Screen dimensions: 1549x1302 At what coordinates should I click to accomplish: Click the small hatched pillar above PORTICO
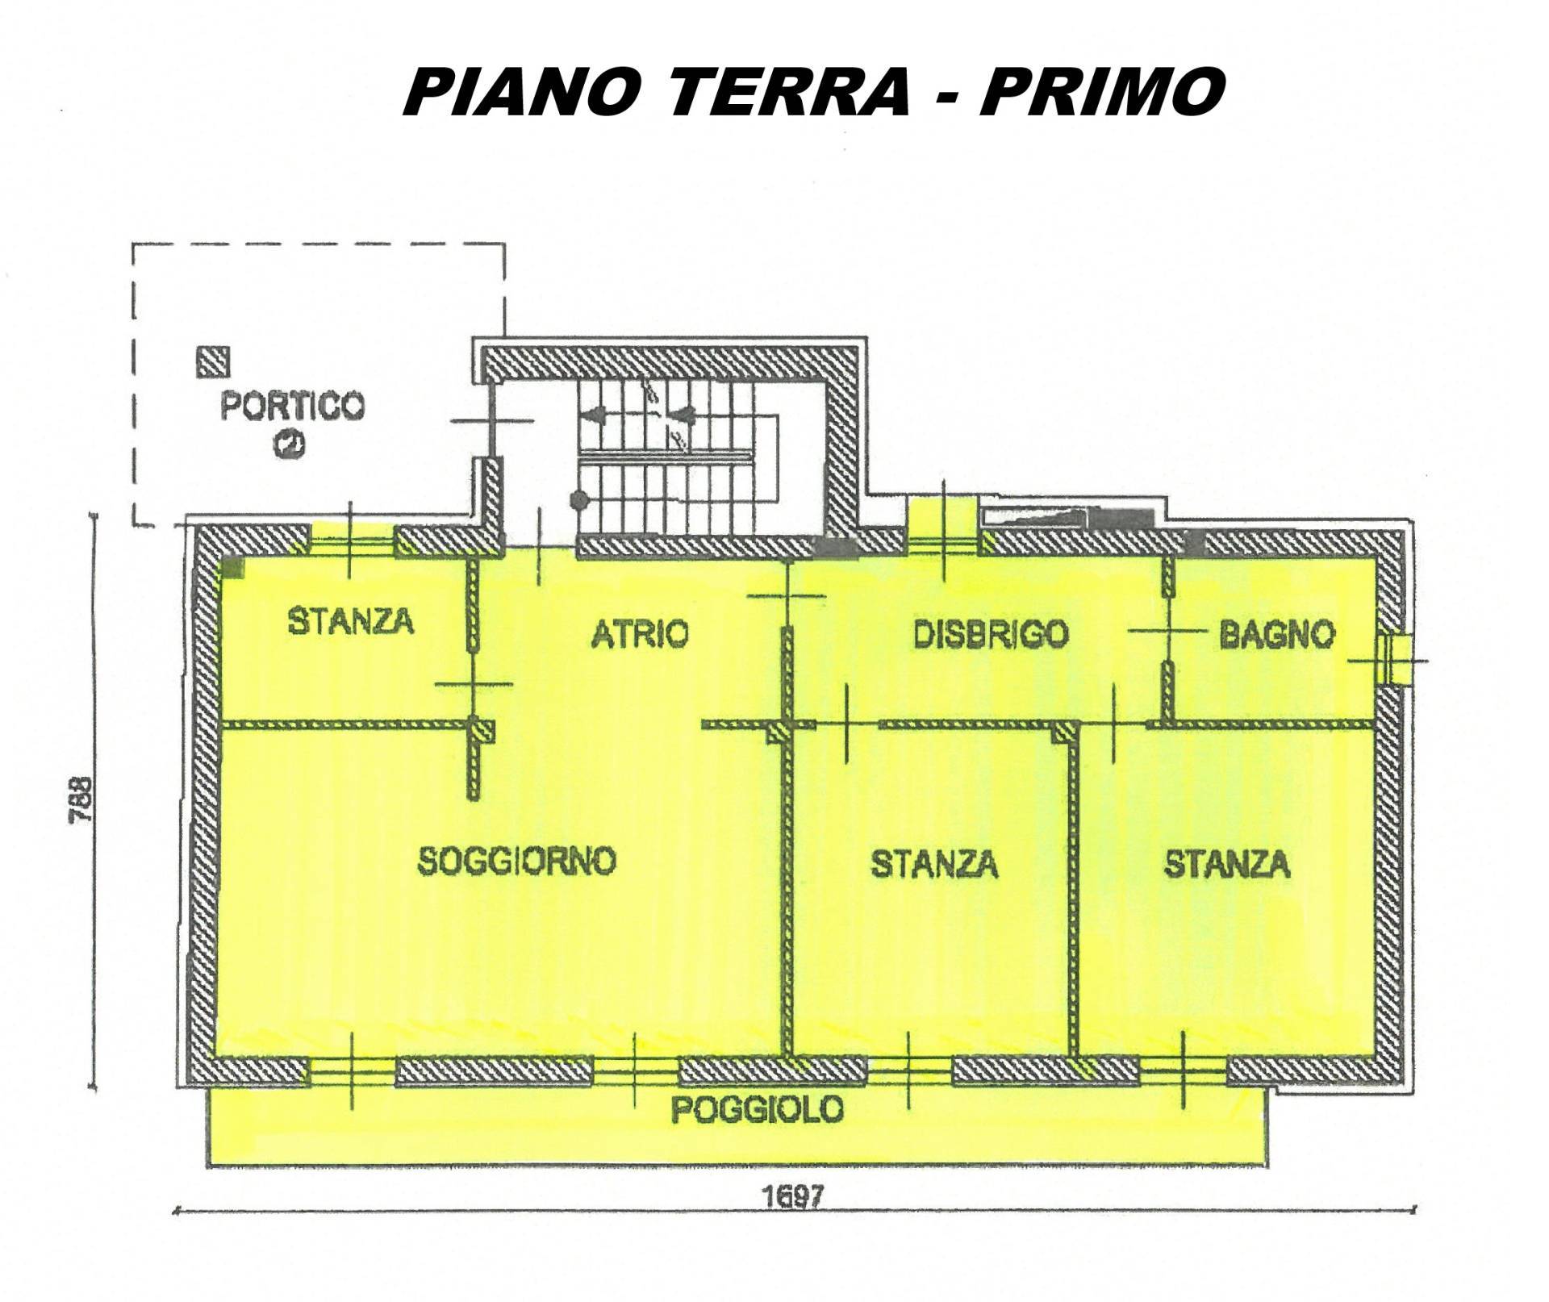click(x=214, y=362)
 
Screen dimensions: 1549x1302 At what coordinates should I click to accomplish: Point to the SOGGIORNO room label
click(x=517, y=862)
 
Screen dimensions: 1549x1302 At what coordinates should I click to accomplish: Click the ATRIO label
click(x=641, y=634)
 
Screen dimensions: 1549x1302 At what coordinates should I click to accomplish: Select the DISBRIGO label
click(x=992, y=634)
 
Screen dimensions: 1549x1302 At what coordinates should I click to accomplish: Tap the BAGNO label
click(x=1277, y=635)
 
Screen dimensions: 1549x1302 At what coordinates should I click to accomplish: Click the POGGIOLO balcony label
click(x=758, y=1111)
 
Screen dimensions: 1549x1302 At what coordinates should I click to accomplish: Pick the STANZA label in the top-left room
click(x=351, y=621)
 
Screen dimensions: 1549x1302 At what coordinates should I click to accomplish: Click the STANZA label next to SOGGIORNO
click(x=934, y=865)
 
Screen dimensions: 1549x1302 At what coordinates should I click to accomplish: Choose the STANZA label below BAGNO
click(x=1227, y=864)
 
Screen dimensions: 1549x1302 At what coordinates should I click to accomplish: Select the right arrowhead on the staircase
click(x=686, y=415)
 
